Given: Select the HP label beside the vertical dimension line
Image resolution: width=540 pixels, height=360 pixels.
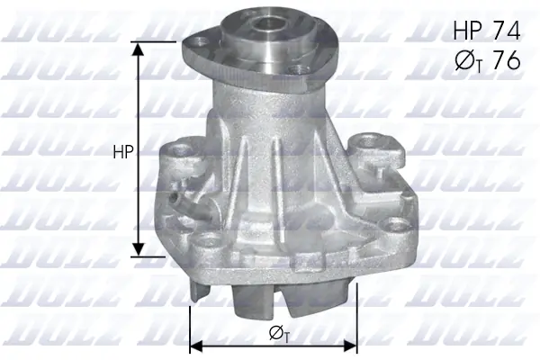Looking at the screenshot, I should pyautogui.click(x=123, y=153).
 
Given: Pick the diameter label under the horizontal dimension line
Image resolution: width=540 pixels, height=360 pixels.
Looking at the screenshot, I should pyautogui.click(x=279, y=333).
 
